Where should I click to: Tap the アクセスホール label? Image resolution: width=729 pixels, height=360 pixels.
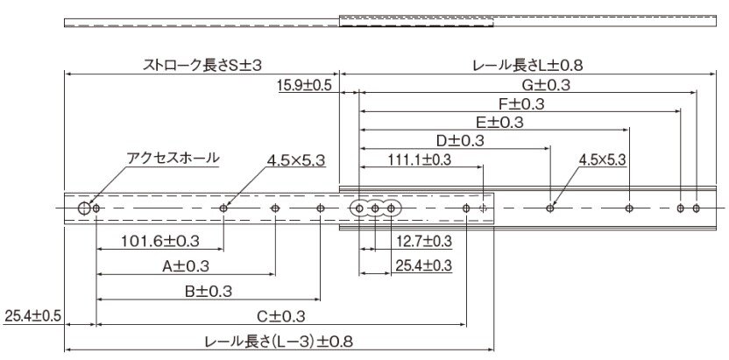click(173, 158)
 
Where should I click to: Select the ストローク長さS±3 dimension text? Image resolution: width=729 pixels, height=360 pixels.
click(202, 65)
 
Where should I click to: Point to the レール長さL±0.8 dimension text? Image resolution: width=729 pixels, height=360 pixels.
click(527, 65)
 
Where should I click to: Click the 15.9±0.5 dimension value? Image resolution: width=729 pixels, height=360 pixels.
click(304, 86)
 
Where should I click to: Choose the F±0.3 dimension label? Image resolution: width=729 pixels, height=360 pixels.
click(520, 104)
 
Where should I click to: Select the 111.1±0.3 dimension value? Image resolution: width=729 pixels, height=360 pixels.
click(420, 160)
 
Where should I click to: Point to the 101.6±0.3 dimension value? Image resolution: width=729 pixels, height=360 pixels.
click(160, 241)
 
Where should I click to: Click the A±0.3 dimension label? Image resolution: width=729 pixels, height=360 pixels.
click(186, 266)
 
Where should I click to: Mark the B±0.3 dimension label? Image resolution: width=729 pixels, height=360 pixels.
click(209, 292)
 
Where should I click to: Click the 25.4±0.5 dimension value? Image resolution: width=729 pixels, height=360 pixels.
click(32, 317)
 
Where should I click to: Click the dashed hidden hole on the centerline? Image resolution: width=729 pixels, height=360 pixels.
click(483, 208)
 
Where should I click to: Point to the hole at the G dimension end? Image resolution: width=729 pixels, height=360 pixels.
click(696, 208)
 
